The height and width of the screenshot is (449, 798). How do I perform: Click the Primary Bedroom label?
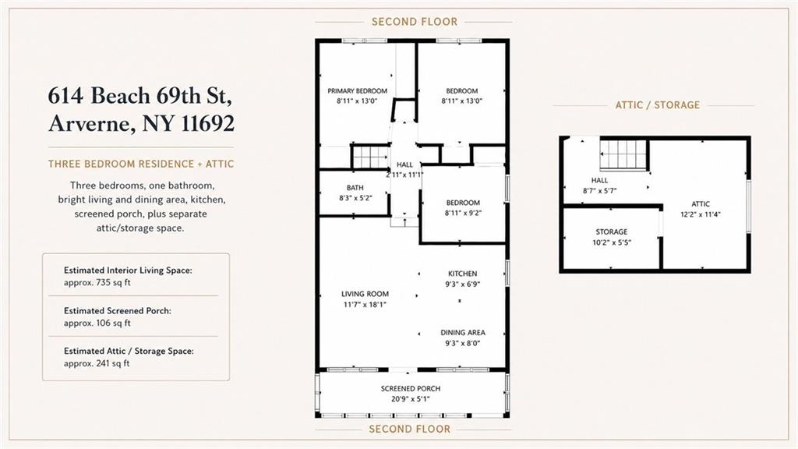tap(357, 91)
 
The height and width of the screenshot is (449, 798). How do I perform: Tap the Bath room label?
tap(355, 188)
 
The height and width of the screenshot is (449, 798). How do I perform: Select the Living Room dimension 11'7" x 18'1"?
tap(365, 305)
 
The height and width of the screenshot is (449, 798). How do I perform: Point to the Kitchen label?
tap(463, 274)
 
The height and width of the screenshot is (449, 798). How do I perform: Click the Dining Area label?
tap(463, 332)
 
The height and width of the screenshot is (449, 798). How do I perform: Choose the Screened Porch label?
tap(411, 388)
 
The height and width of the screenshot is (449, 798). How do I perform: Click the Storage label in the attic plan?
tap(612, 232)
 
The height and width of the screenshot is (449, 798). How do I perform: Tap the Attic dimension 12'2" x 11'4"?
tap(701, 214)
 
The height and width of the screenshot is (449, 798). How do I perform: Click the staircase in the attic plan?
tap(623, 154)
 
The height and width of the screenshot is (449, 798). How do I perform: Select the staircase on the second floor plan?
tap(370, 156)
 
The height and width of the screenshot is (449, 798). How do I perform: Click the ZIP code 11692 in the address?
tap(208, 123)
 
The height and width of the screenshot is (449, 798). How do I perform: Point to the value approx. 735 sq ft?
tap(97, 282)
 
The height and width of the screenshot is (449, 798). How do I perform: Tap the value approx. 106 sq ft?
tap(97, 323)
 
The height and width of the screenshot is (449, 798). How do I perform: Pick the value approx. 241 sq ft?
tap(97, 363)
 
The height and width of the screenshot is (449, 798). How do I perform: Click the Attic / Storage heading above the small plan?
tap(658, 105)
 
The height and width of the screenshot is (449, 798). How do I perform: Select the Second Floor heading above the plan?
tap(415, 22)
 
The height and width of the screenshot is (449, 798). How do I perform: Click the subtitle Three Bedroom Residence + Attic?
tap(141, 164)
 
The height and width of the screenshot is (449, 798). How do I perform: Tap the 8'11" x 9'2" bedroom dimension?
tap(463, 214)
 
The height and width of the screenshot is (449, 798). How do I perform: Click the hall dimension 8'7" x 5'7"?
tap(599, 191)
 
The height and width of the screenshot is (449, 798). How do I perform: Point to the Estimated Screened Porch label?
tap(118, 310)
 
